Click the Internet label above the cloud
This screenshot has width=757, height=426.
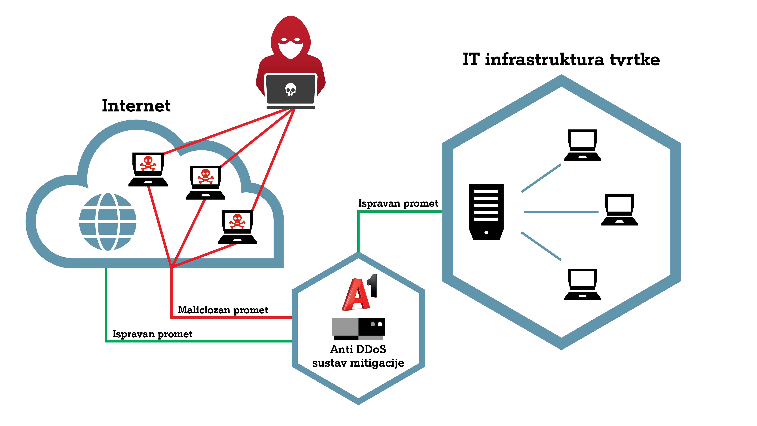[x=136, y=106]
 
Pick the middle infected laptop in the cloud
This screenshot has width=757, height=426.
[x=205, y=182]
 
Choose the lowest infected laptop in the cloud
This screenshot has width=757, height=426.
[x=237, y=227]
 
